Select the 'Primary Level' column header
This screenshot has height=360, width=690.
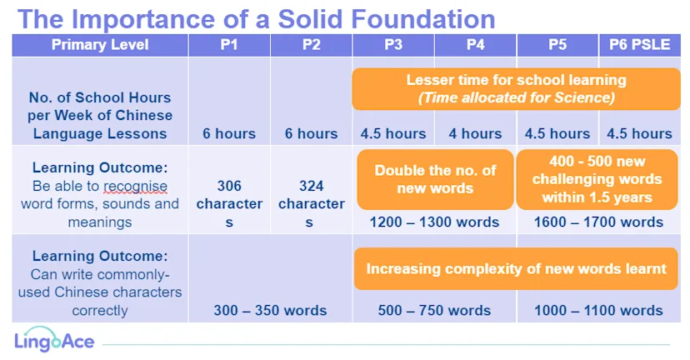coord(100,45)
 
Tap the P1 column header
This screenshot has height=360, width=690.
coord(229,45)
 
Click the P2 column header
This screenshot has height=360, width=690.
coord(311,45)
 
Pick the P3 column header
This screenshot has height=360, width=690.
coord(393,45)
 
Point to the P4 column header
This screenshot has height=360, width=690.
coord(475,45)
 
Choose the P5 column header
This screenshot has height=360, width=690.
coord(557,45)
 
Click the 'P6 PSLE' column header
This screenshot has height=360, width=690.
coord(639,45)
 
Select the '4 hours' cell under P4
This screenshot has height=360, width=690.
coord(475,133)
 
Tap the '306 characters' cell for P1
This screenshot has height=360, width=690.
coord(229,204)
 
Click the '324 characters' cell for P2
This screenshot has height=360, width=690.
coord(311,204)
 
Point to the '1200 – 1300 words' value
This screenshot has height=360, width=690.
coord(434,222)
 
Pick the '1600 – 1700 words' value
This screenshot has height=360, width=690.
coord(598,222)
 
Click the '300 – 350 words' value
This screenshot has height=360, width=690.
coord(270,310)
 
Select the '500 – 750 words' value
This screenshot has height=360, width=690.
coord(434,310)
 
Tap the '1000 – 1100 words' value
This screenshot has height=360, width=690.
coord(598,310)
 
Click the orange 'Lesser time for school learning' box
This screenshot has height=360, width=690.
coord(516,89)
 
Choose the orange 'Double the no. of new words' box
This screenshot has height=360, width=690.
coord(435,179)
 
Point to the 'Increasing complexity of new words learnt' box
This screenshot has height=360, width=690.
coord(516,268)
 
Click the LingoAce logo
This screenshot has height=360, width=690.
coord(54,342)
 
